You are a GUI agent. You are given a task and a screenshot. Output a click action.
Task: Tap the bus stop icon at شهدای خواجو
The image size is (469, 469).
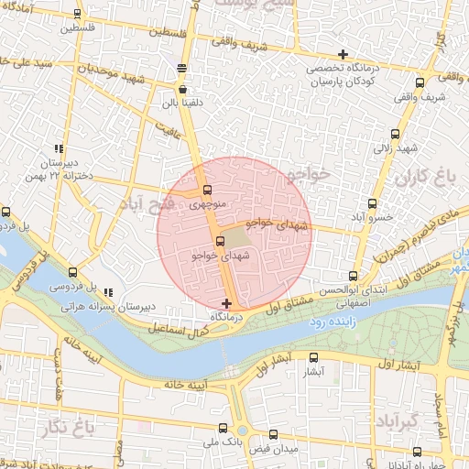pos(220,241)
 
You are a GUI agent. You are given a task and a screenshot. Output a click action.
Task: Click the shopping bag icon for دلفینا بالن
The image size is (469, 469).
pos(183,89)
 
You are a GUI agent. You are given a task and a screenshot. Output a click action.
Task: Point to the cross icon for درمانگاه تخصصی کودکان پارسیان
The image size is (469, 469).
pos(343,54)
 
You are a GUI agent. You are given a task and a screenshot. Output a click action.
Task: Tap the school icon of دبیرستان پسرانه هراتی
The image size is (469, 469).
pos(108,291)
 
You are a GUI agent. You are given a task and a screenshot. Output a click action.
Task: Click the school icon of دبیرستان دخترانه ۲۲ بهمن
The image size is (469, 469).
pos(59,148)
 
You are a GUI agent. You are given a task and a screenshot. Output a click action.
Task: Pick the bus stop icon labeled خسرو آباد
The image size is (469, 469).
pos(372,203)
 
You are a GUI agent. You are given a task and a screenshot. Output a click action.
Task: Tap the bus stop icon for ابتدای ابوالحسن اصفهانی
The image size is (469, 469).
pos(354,275)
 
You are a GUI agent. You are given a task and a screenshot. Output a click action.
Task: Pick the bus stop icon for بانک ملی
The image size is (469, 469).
pos(223,427)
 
